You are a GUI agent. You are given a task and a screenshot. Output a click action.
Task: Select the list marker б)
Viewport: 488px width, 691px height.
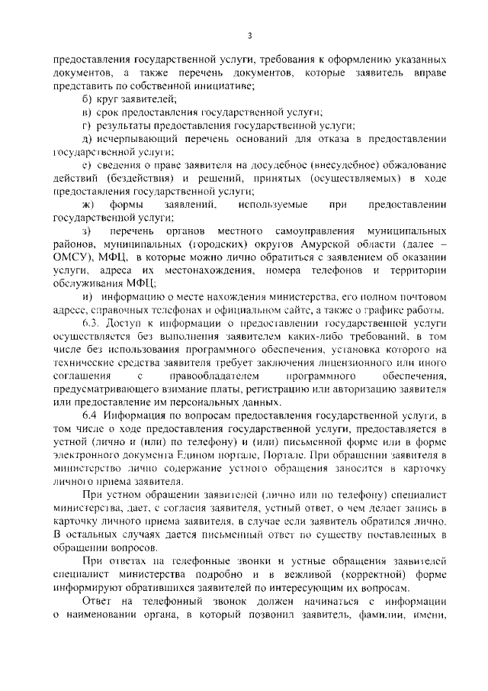click(x=86, y=98)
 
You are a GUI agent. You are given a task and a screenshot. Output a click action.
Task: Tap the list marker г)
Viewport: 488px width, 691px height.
click(x=86, y=124)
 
